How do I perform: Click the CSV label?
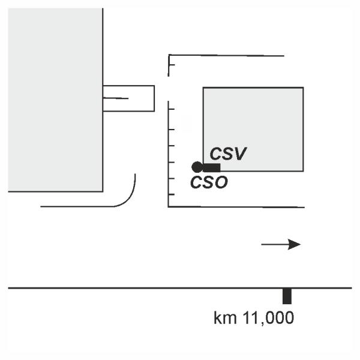[228, 154]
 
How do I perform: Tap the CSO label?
[209, 182]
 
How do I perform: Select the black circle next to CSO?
[196, 167]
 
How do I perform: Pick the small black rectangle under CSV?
[211, 167]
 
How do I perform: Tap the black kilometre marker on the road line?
[287, 296]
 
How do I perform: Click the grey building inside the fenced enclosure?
[253, 120]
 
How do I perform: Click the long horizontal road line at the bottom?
[150, 289]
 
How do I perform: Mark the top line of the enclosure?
[228, 56]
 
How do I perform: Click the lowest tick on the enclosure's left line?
[172, 194]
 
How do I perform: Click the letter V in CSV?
[239, 154]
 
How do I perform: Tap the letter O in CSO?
[221, 182]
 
